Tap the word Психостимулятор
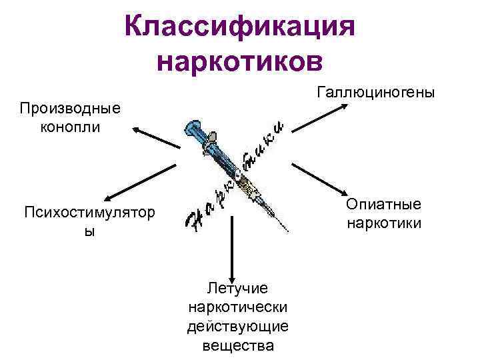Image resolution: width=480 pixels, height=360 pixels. [x=88, y=213]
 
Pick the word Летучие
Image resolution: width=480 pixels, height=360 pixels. [x=237, y=288]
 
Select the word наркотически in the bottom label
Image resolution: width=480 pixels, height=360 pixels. [x=237, y=307]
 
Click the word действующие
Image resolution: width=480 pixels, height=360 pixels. [x=237, y=327]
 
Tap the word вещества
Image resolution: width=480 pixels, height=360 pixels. [x=237, y=346]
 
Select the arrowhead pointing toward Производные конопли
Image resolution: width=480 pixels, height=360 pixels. [x=136, y=129]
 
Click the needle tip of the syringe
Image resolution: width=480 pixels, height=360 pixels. [x=287, y=231]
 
